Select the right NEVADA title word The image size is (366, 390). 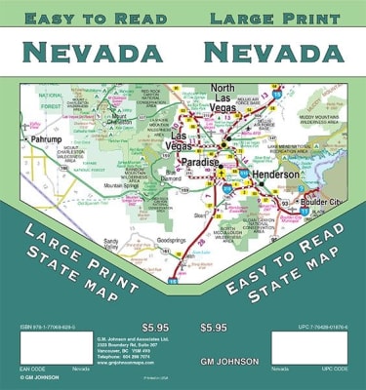coord(271,52)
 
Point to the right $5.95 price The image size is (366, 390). coord(215,327)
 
